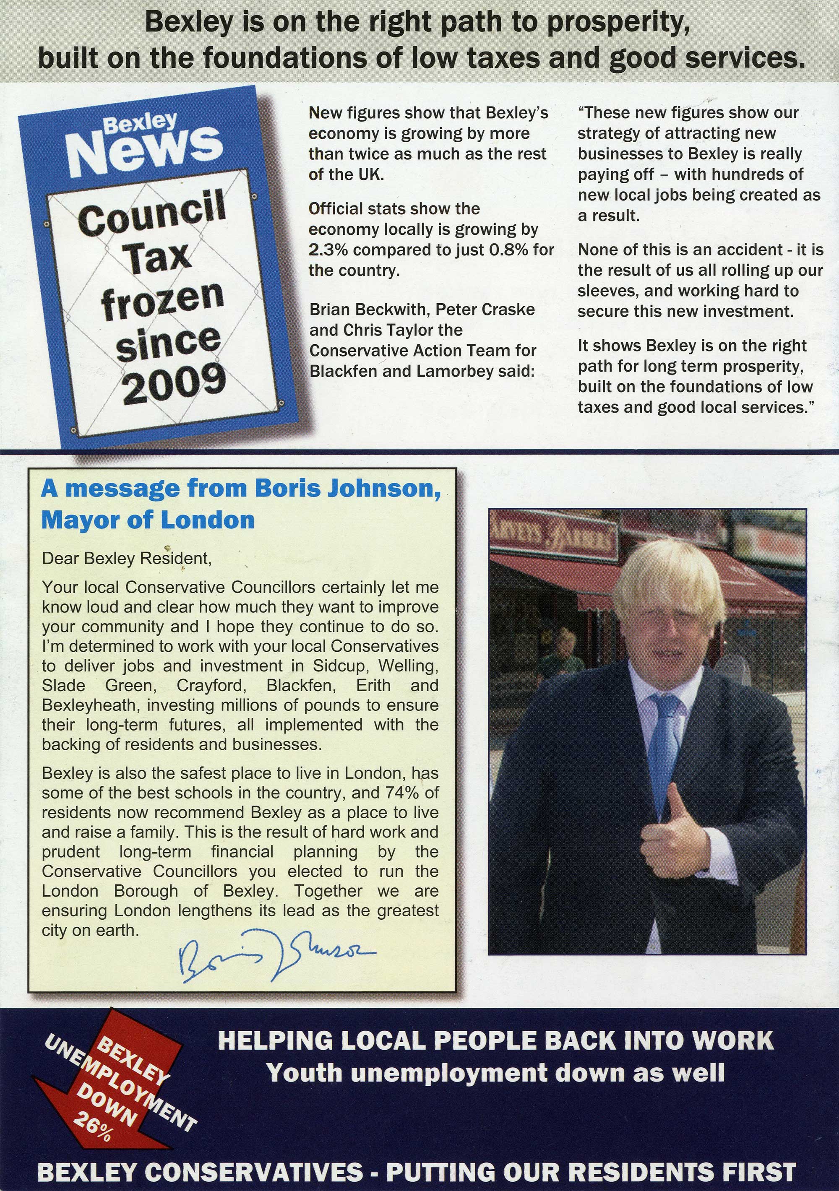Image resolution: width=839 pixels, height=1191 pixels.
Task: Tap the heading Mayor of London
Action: (148, 520)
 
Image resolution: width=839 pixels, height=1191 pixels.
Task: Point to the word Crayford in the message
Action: (210, 685)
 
